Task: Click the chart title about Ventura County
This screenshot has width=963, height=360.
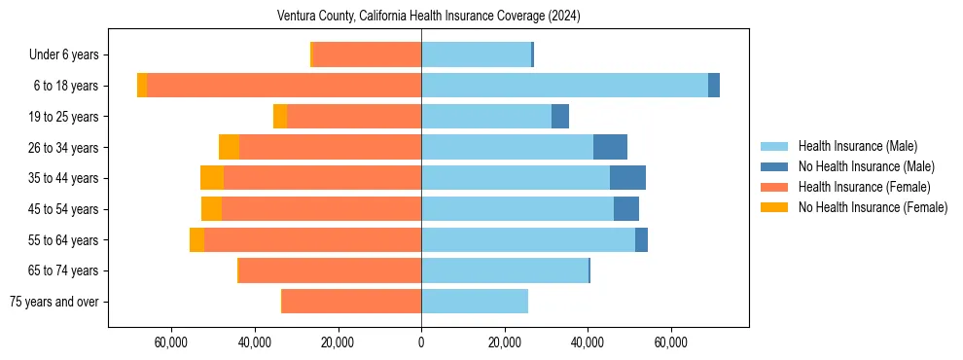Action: coord(428,16)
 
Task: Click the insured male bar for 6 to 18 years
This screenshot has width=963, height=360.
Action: coord(564,86)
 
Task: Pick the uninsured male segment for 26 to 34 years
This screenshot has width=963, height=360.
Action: coord(610,147)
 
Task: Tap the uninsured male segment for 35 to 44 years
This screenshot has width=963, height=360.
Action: coord(627,178)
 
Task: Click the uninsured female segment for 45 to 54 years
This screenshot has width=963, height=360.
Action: coord(211,209)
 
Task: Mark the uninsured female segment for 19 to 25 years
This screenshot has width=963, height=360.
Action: coord(280,117)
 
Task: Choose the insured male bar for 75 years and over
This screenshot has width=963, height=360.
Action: coord(475,302)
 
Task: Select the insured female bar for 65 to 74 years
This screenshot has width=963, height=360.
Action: coord(330,270)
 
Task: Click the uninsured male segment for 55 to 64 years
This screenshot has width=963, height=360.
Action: coord(641,239)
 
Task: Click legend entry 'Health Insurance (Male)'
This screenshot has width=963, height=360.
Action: coord(857,146)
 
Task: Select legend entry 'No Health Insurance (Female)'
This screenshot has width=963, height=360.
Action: coord(873,207)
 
